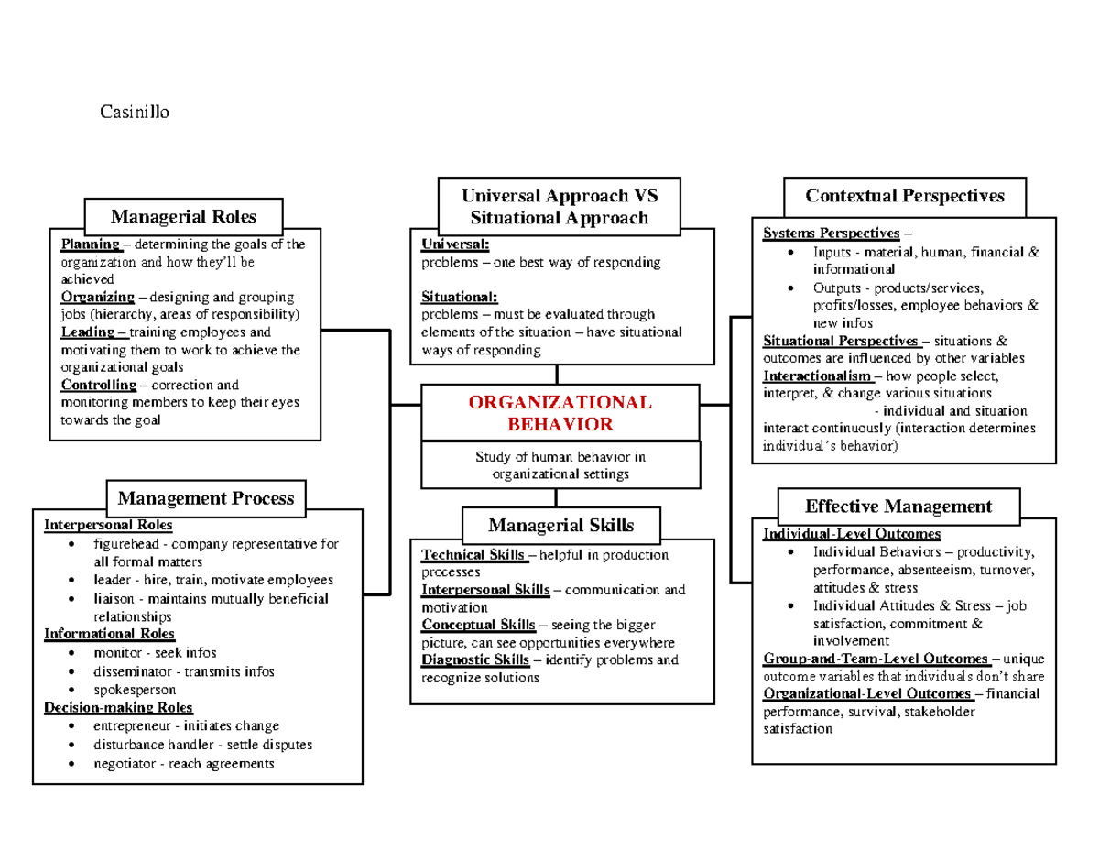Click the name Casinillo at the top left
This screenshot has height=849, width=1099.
click(135, 113)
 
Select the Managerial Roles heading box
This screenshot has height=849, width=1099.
click(183, 217)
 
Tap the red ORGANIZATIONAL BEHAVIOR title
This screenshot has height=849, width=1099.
click(560, 413)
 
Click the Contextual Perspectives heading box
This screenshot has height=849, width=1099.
click(904, 196)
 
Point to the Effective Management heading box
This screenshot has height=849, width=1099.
click(898, 506)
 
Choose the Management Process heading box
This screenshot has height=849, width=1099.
click(206, 498)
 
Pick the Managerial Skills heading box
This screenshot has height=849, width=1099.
click(560, 526)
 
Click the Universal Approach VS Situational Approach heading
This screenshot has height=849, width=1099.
click(559, 206)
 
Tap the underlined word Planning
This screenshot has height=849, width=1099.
click(90, 245)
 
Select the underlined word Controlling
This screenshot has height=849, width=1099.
click(98, 385)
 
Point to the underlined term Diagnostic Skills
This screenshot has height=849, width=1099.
click(474, 659)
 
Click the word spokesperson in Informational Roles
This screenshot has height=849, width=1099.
click(135, 689)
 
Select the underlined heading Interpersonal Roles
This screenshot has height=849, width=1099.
click(107, 525)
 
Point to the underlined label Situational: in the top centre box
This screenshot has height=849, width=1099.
click(460, 297)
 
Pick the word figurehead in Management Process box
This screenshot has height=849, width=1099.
click(126, 543)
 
